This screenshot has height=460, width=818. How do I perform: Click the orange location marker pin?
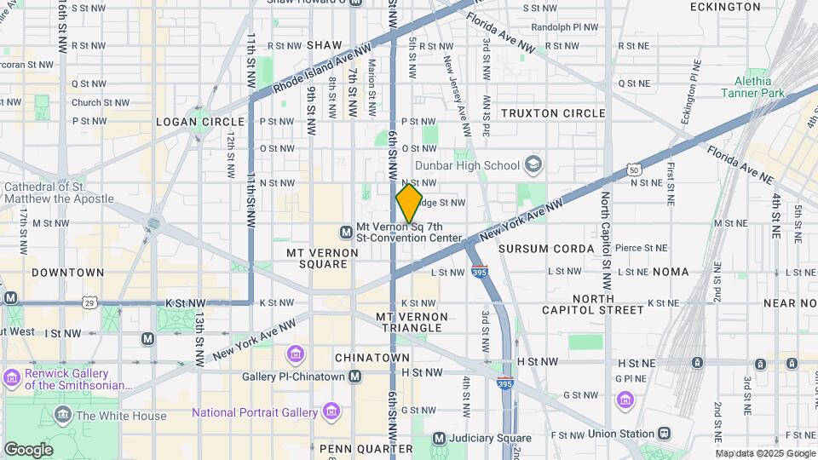(409, 203)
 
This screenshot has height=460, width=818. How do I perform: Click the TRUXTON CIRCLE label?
(553, 113)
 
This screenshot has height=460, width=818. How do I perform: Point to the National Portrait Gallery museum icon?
(331, 412)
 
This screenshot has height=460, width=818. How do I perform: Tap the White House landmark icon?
(63, 416)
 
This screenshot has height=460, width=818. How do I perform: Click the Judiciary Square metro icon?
(439, 439)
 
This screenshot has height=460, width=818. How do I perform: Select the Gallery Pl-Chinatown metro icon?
(355, 377)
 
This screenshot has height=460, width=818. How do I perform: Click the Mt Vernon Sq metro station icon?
(346, 232)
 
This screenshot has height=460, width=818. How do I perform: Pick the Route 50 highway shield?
(634, 170)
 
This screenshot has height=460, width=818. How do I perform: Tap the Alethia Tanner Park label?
(752, 86)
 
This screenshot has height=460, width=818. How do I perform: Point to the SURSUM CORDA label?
(545, 249)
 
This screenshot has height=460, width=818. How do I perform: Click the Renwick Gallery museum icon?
(12, 377)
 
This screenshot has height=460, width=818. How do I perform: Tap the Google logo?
(28, 449)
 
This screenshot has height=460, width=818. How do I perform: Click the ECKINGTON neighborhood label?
(727, 7)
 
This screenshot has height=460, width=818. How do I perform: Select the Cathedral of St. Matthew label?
(59, 193)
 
